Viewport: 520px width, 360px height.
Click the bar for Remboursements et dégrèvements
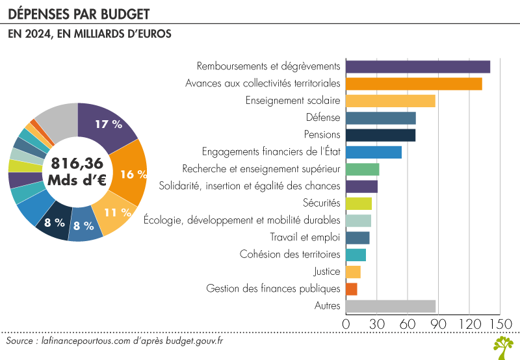(418, 66)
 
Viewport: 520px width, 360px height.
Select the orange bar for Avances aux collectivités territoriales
(414, 84)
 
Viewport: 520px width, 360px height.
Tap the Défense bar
(381, 118)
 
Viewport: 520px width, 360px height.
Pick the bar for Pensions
(381, 135)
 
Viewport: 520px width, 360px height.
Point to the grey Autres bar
(391, 306)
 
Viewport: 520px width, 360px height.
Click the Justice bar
(354, 272)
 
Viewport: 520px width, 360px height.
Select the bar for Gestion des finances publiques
(352, 289)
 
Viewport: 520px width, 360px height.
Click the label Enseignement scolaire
(292, 101)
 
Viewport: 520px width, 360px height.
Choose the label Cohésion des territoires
(290, 254)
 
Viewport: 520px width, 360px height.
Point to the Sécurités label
(322, 203)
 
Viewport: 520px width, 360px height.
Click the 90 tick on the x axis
(439, 324)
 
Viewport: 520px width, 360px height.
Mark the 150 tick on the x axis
(500, 324)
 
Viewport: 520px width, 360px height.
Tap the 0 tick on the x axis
(346, 324)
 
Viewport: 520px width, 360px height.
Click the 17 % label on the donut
(109, 123)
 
